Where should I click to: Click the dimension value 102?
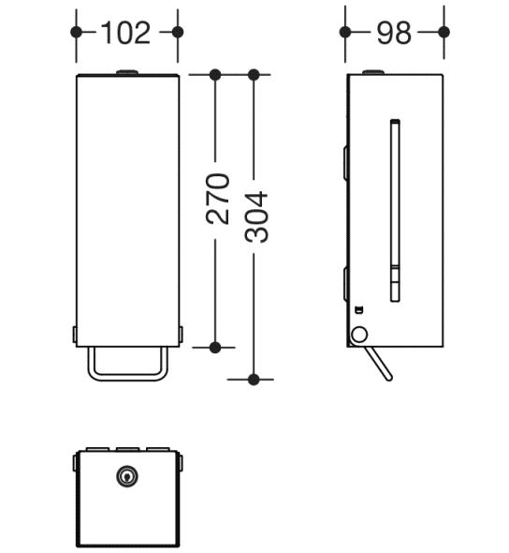point(125,32)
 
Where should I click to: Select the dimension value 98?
point(394,32)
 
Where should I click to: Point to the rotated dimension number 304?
point(255,217)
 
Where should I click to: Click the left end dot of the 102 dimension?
point(76,31)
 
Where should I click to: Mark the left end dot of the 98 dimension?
point(345,32)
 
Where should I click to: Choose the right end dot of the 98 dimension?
point(444,32)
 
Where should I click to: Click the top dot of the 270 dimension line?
point(215,74)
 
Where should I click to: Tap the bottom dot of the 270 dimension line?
point(215,347)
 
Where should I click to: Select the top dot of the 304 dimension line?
point(254,74)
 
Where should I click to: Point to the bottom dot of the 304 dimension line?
point(254,379)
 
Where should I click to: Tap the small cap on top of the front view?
point(126,71)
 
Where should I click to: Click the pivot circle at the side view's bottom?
point(358,334)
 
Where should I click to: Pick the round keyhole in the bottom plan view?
point(126,477)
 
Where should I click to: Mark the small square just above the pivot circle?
point(357,309)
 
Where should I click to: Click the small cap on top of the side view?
point(372,71)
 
